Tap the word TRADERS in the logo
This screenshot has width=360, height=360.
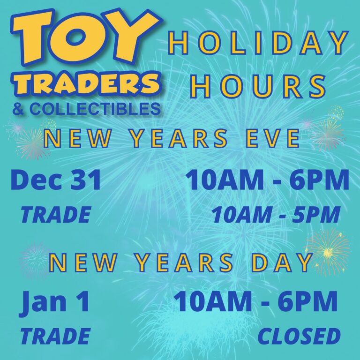pos(86,84)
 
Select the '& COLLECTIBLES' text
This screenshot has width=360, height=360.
pos(86,109)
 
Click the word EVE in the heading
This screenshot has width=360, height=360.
pos(274,139)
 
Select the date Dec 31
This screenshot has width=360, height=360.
pos(56,180)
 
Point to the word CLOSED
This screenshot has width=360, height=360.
pos(299,336)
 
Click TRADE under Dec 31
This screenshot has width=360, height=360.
pos(55,215)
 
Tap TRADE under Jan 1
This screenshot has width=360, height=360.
pos(55,336)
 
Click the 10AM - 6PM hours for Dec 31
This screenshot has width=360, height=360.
pos(267,180)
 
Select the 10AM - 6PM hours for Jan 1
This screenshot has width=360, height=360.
pos(255,302)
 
